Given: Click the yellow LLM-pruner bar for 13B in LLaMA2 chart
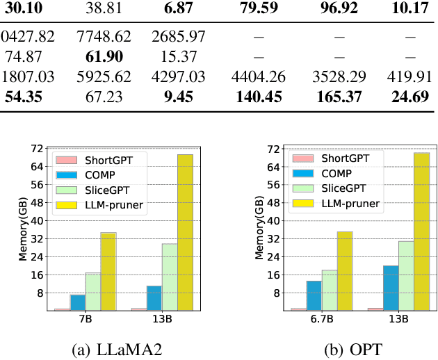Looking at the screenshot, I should (x=185, y=232).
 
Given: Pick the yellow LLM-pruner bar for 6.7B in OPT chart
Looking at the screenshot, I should (x=345, y=271).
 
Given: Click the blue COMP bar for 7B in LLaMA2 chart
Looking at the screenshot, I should (x=77, y=302).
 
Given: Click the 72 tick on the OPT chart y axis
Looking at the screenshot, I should (x=273, y=149).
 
